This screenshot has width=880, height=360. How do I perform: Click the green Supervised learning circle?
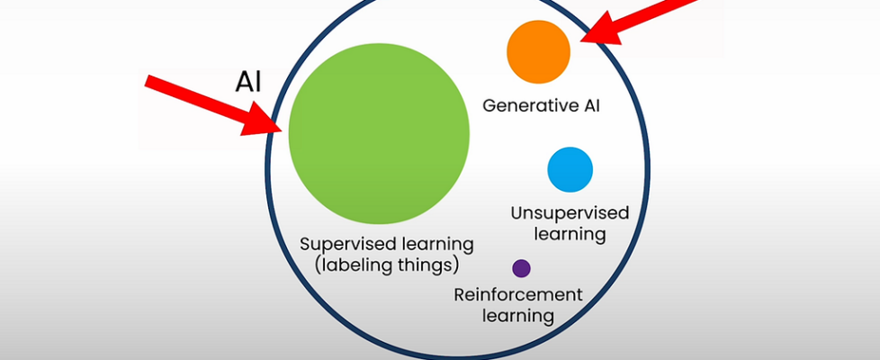click(379, 133)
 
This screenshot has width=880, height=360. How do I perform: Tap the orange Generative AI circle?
click(539, 51)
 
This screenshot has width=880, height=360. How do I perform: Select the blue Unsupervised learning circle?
click(570, 169)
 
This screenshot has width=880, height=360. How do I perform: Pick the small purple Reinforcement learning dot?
click(521, 268)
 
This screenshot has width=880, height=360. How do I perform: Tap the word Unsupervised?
click(570, 214)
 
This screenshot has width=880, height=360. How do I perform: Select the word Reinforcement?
click(518, 295)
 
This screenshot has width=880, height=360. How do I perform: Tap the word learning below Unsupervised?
click(570, 235)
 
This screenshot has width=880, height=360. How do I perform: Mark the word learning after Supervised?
click(432, 245)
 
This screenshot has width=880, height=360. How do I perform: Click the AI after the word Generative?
click(589, 106)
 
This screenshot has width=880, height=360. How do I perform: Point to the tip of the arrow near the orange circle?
click(582, 40)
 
